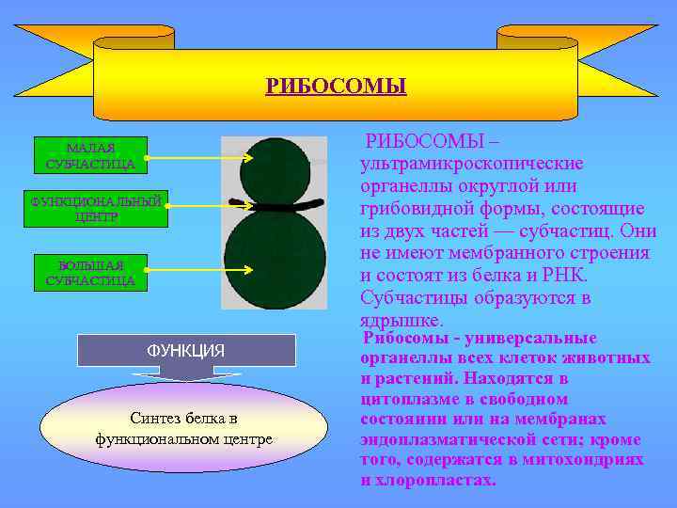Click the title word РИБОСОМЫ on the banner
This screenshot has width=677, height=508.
pyautogui.click(x=336, y=87)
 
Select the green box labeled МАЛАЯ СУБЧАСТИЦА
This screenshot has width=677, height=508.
pyautogui.click(x=90, y=156)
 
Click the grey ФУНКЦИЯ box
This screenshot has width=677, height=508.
pyautogui.click(x=185, y=350)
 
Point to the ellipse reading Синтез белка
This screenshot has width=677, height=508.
pyautogui.click(x=183, y=429)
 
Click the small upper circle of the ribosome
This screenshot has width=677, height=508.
pyautogui.click(x=274, y=168)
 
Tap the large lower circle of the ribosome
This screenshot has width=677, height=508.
pyautogui.click(x=275, y=259)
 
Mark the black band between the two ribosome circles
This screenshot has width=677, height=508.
pyautogui.click(x=275, y=203)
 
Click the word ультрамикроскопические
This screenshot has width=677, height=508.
pyautogui.click(x=458, y=165)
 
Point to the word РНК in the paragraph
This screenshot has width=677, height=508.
pyautogui.click(x=562, y=275)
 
